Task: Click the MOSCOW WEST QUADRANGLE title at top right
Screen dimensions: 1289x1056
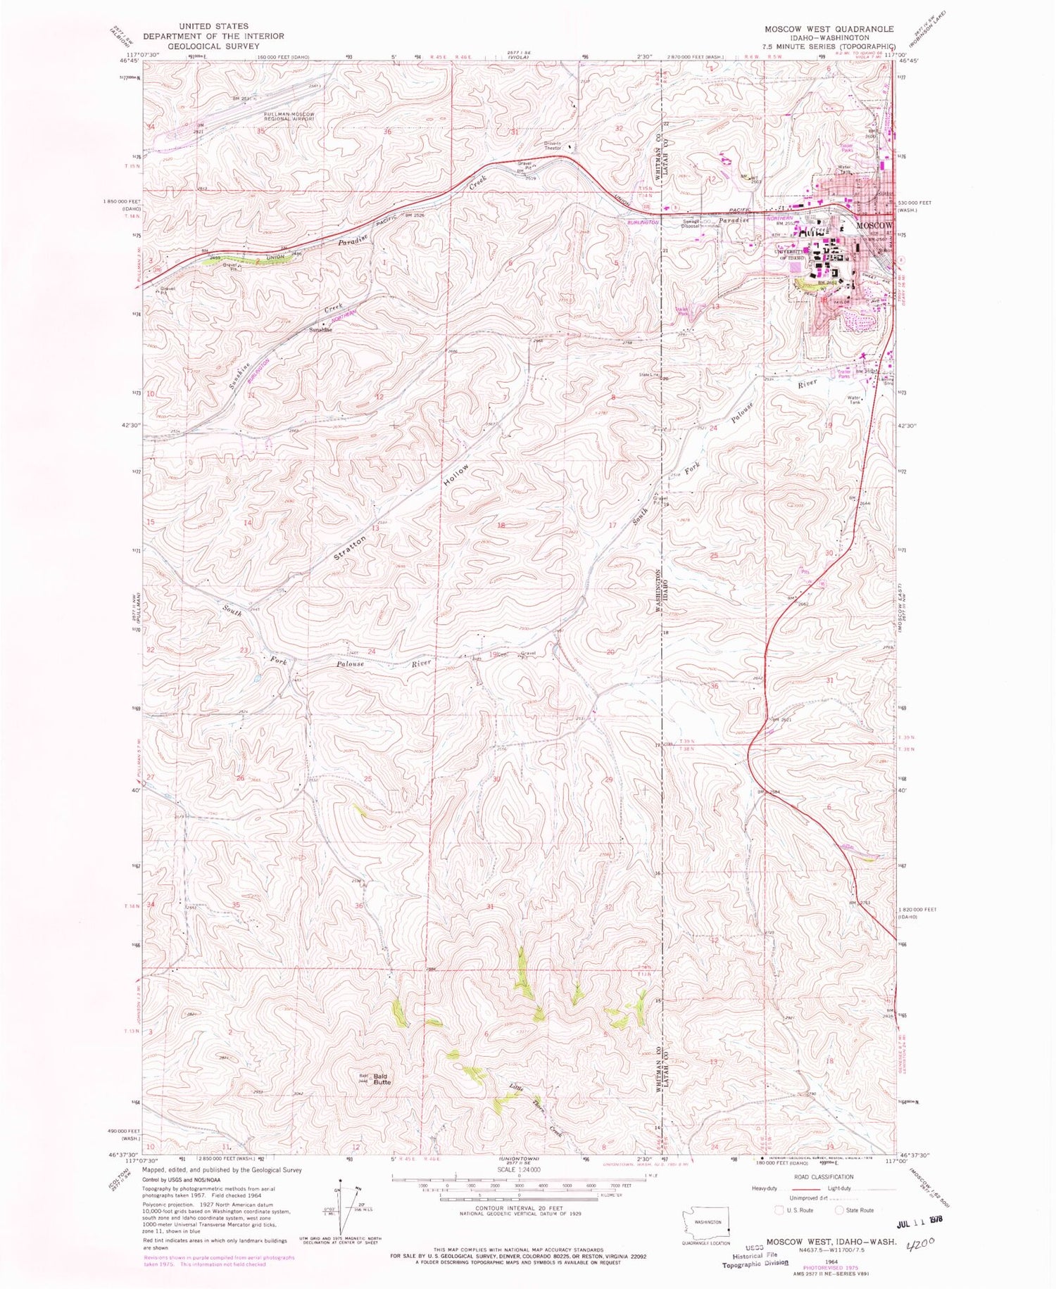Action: [829, 30]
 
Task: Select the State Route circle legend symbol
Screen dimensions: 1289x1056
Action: [838, 1211]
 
